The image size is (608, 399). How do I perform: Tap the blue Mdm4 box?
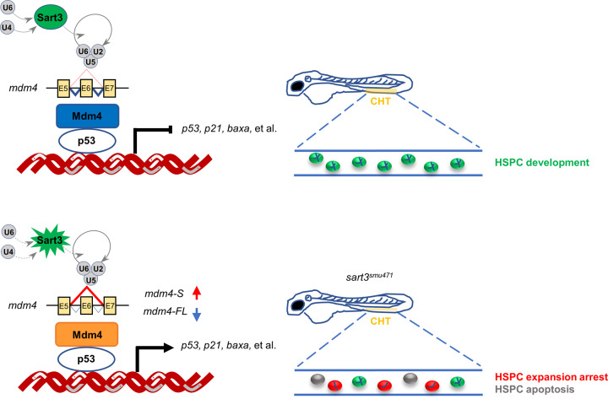pyautogui.click(x=88, y=116)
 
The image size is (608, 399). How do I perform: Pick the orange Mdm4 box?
pyautogui.click(x=88, y=324)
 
